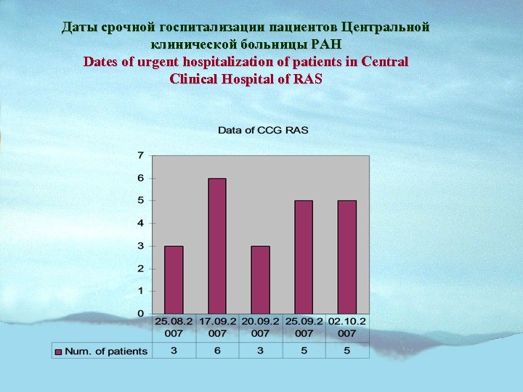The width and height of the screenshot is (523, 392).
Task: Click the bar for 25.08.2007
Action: (x=174, y=279)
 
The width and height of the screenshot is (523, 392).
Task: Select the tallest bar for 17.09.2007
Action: (x=217, y=246)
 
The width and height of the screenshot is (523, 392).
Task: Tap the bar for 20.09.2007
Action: (x=260, y=279)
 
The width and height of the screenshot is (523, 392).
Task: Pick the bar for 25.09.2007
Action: (x=304, y=257)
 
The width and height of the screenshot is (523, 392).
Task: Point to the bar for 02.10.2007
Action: (x=347, y=257)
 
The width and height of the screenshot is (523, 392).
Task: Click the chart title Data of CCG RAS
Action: (x=264, y=130)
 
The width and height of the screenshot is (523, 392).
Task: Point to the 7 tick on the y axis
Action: (x=141, y=155)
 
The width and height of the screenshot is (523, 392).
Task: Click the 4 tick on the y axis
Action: (x=141, y=223)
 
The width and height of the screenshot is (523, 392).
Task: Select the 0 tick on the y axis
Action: (x=141, y=314)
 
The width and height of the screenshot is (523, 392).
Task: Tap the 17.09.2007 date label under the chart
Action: (x=217, y=327)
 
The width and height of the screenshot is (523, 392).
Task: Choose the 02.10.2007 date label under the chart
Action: (x=347, y=327)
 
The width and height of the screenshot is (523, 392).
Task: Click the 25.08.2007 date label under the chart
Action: (x=174, y=327)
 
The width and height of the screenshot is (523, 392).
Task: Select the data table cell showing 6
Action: (x=217, y=351)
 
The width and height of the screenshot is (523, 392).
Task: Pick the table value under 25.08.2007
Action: (x=174, y=351)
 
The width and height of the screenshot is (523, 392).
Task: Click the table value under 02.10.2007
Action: (x=347, y=351)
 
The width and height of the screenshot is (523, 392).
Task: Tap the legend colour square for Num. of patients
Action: (x=58, y=351)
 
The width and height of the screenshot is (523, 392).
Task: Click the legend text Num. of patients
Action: (x=106, y=351)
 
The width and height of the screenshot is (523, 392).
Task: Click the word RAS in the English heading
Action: (x=308, y=79)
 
